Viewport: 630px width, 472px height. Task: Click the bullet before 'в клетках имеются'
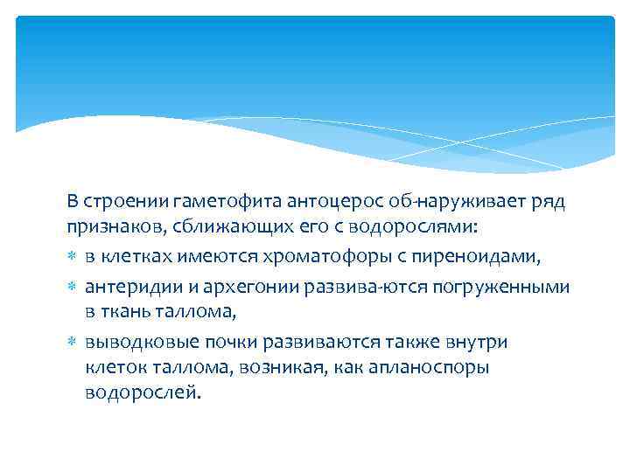tap(71, 255)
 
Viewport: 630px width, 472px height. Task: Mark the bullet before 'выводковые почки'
tap(71, 340)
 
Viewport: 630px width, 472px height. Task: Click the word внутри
tap(475, 340)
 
